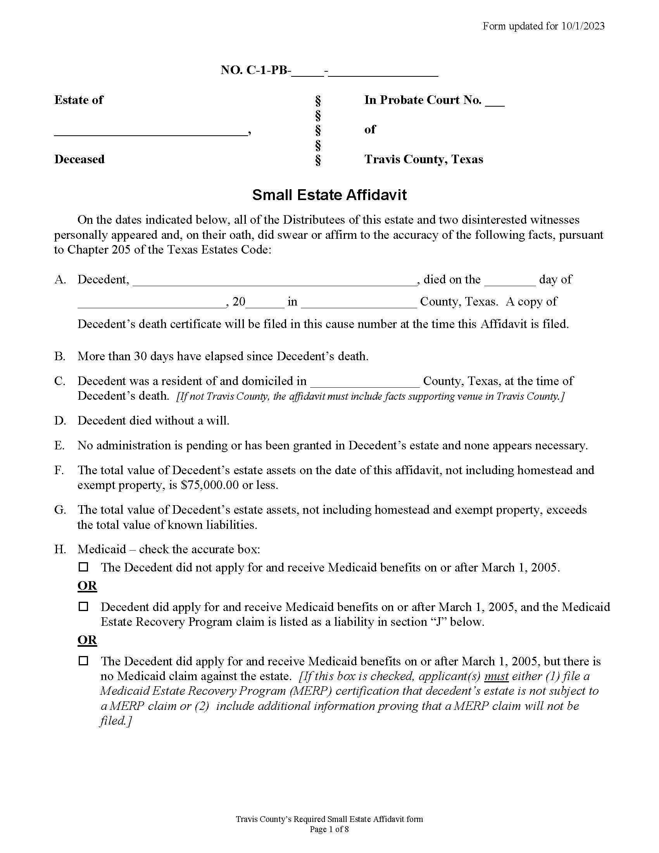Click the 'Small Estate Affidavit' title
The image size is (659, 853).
point(329,195)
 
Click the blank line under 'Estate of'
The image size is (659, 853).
point(150,131)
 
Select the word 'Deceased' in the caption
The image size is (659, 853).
point(79,159)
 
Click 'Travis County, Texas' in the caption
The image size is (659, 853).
point(424,159)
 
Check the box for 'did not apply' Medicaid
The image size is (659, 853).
point(84,567)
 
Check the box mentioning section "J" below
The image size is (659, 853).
point(84,606)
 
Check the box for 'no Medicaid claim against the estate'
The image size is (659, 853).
point(84,661)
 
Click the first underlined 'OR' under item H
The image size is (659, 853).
point(87,586)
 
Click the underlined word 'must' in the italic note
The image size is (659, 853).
point(496,676)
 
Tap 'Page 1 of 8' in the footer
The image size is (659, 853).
point(329,830)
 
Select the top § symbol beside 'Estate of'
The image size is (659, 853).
point(318,101)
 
